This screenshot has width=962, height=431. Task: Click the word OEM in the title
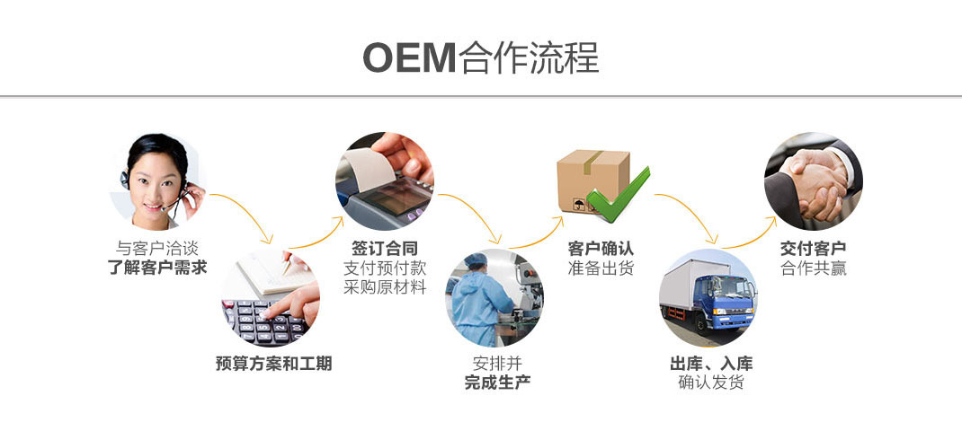point(409,57)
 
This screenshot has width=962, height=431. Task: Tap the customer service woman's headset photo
point(158,181)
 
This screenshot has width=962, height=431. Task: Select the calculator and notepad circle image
point(271,298)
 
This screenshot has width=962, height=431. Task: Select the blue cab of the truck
point(732,300)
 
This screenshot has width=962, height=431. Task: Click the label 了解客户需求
point(157,267)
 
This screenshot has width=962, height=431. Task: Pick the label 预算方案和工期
point(273,364)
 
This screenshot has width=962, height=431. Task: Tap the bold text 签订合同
point(385,248)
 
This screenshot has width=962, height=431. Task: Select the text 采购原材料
point(385,287)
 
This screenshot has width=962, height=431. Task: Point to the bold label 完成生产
point(497,383)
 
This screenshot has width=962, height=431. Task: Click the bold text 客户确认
point(601,248)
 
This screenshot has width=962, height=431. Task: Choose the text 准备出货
point(601,268)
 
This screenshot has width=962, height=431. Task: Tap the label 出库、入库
point(711,364)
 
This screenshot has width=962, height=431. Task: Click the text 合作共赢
point(813,268)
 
